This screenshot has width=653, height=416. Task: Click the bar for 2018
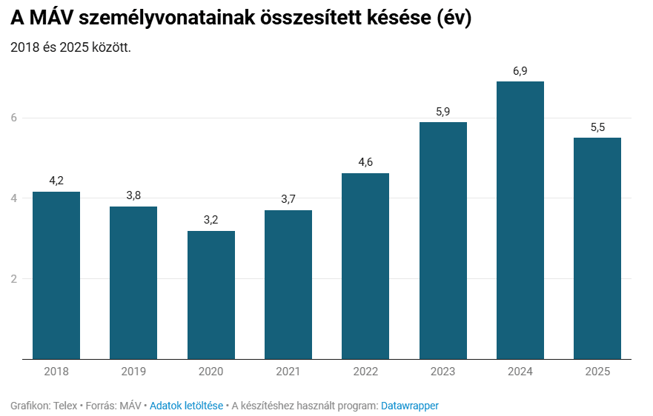[56, 275]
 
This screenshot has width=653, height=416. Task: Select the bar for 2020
[211, 295]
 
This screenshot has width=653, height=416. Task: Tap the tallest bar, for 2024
[520, 220]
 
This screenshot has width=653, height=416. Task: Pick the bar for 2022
[365, 266]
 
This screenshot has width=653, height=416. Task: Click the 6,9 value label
[520, 71]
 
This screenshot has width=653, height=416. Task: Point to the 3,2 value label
[211, 220]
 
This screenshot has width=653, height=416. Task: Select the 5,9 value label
[443, 112]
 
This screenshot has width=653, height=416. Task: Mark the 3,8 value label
[133, 195]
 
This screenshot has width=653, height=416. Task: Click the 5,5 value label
[597, 127]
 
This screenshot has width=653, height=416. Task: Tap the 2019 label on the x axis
[133, 372]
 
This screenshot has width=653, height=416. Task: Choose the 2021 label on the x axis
[288, 372]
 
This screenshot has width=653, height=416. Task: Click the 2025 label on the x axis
[597, 372]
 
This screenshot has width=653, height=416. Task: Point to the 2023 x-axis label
[443, 372]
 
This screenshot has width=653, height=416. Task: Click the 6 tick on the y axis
[14, 118]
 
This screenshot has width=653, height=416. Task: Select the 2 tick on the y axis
[14, 279]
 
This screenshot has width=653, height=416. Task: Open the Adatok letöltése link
[186, 406]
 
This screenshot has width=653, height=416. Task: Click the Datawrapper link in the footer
[410, 406]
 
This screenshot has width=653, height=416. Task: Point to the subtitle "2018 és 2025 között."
[71, 47]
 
